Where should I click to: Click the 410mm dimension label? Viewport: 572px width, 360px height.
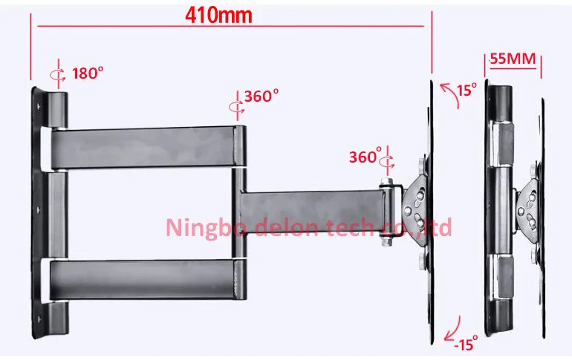point(218,16)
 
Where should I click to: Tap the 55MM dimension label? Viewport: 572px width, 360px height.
point(513,59)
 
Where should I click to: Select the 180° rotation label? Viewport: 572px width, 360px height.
point(88,73)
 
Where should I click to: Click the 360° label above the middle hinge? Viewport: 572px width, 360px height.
point(261,96)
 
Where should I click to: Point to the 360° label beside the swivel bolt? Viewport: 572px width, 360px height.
point(365,156)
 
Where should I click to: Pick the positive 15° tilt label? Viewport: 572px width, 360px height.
point(467,89)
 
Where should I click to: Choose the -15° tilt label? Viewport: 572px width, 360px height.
point(466,344)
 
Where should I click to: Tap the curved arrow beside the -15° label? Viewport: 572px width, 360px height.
point(452,330)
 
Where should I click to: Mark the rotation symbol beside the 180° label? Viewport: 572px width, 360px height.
point(58,74)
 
